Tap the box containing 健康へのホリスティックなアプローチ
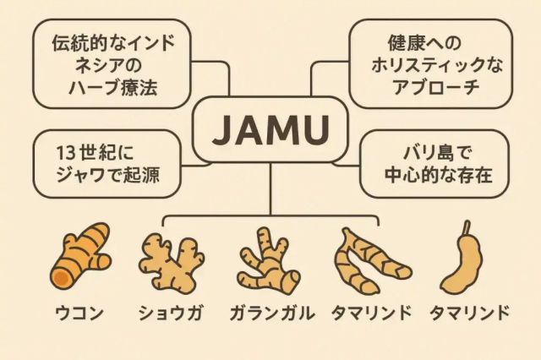coord(430,64)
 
